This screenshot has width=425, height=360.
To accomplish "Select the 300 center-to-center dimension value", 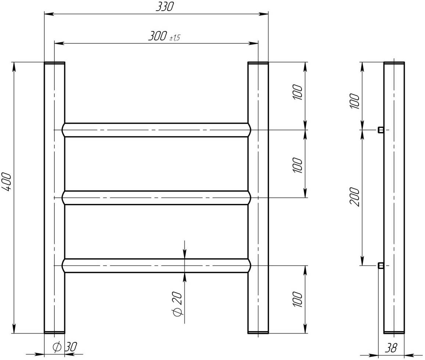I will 157,36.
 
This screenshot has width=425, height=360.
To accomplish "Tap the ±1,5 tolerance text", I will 174,38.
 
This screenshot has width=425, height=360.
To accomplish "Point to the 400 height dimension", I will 7,182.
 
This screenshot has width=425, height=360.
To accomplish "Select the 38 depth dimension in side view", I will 392,348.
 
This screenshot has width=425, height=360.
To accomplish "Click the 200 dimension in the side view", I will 355,197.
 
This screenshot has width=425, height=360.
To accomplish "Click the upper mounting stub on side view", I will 381,130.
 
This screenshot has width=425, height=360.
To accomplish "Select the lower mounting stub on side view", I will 381,265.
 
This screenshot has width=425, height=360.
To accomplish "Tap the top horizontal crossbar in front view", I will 156,130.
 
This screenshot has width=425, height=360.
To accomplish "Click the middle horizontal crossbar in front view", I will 156,198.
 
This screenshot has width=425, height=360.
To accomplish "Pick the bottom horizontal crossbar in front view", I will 156,266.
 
